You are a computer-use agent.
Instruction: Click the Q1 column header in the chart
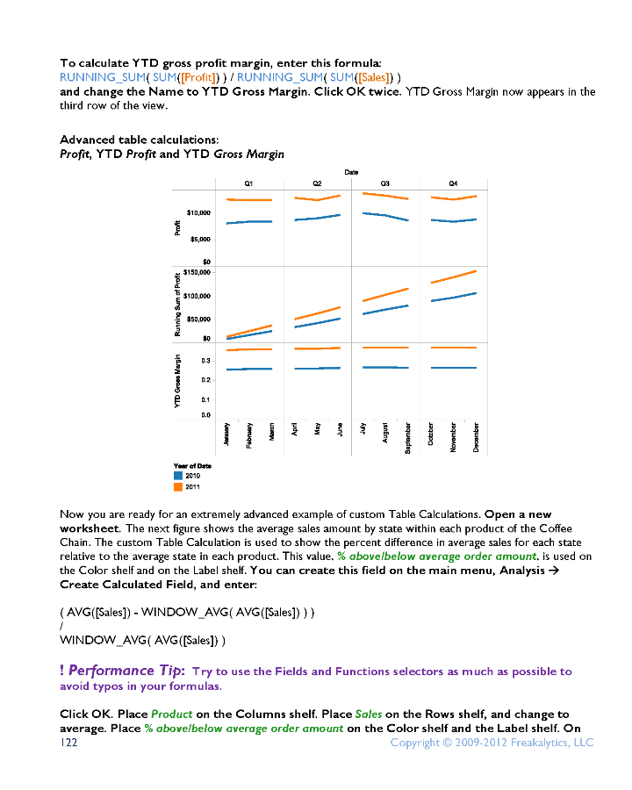[x=248, y=183]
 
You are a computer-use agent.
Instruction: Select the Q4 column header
[x=453, y=183]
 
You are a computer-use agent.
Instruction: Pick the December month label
[x=476, y=436]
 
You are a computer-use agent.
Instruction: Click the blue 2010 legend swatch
[x=178, y=475]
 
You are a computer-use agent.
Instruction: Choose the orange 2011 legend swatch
[x=178, y=485]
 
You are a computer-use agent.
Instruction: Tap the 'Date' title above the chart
[x=350, y=173]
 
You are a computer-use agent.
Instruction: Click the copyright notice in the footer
[x=492, y=743]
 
